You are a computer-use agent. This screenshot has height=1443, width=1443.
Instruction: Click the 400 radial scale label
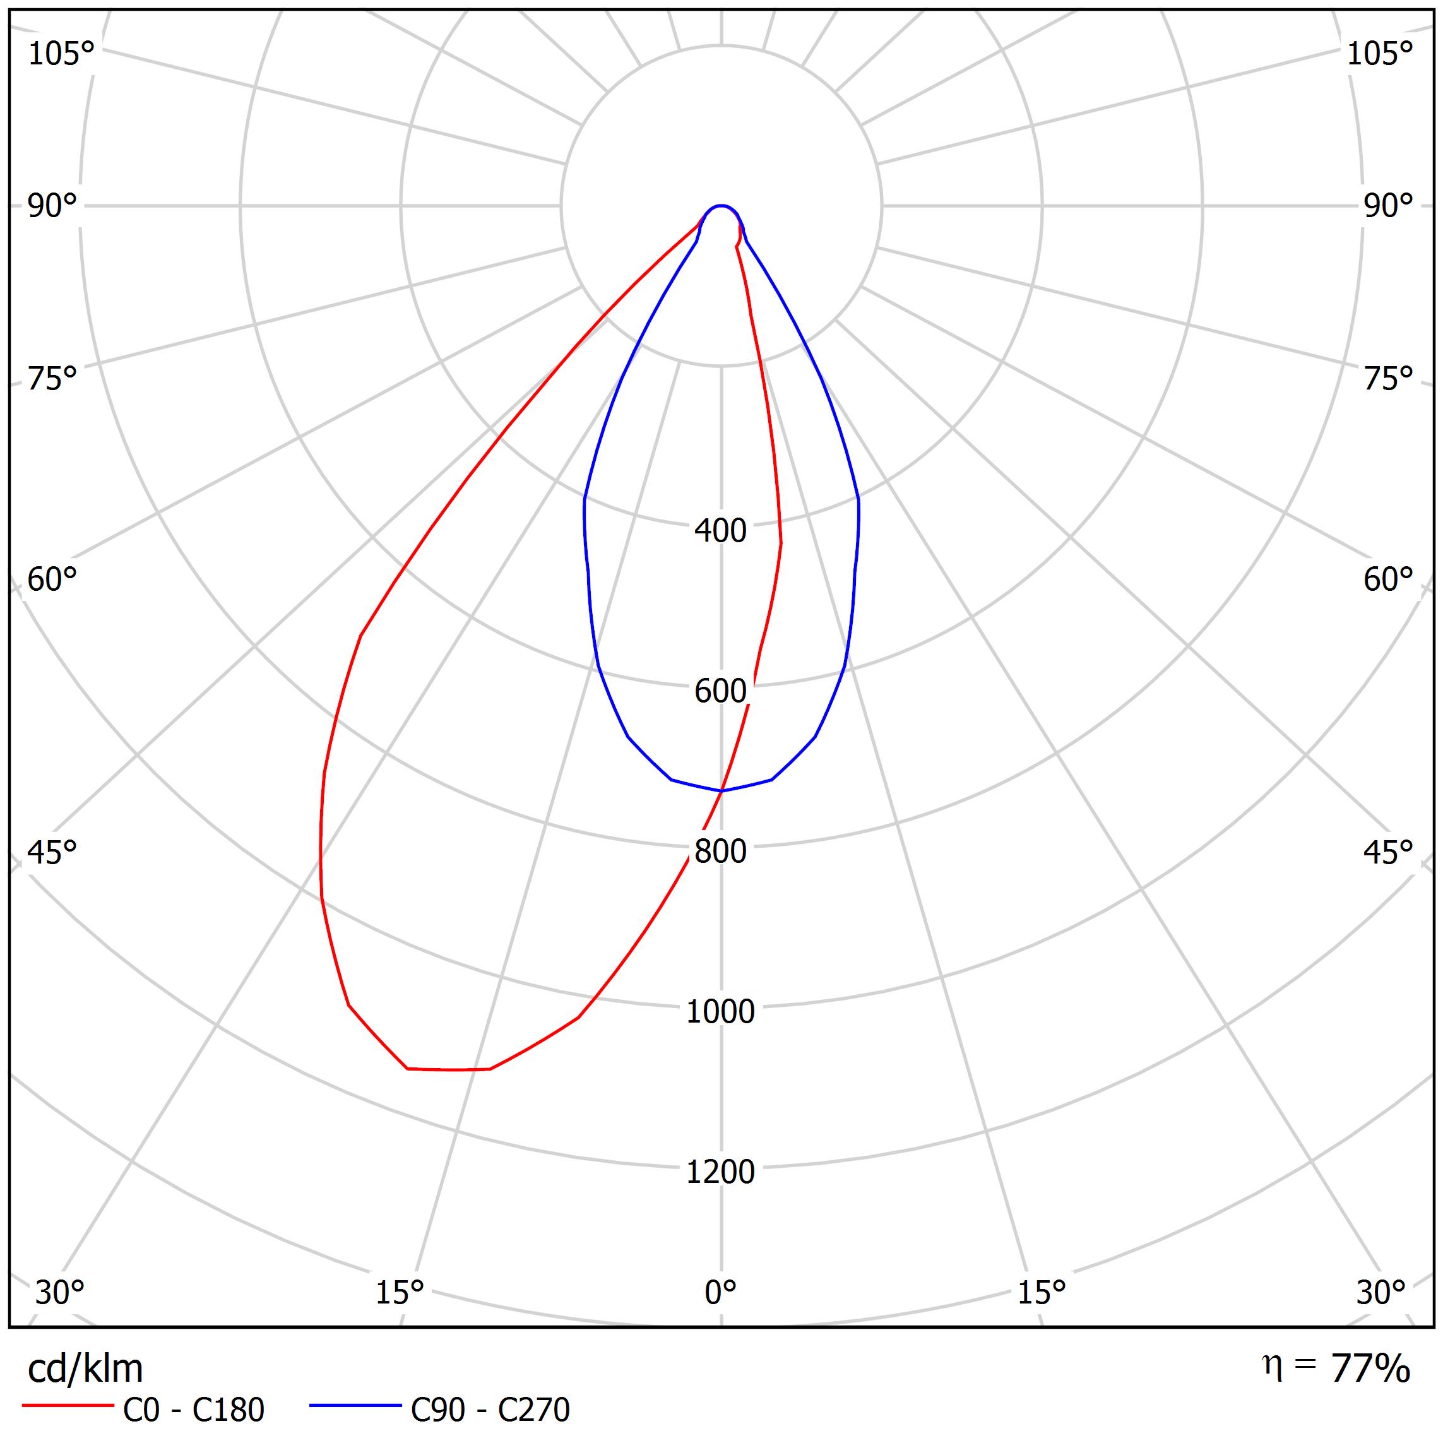pos(720,531)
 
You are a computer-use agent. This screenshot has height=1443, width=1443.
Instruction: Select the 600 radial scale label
pos(720,692)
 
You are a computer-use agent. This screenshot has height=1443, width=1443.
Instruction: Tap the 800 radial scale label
pos(720,852)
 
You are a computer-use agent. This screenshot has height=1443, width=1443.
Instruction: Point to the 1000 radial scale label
pos(720,1012)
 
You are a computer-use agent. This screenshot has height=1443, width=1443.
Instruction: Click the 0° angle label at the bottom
pos(720,1292)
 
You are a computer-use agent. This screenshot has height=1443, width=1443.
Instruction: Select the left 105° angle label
pos(61,54)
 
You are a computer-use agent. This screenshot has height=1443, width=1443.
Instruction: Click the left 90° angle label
pos(52,206)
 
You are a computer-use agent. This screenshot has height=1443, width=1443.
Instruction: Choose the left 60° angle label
pos(52,579)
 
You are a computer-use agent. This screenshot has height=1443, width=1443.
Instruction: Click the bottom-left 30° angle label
pos(60,1292)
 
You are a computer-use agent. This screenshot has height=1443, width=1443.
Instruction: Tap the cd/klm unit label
pos(85,1369)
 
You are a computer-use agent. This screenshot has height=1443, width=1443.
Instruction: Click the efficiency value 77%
pos(1370,1369)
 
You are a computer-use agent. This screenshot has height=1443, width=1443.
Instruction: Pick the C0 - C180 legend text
pos(193,1410)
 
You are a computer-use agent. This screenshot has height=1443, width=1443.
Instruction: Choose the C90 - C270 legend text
pos(490,1410)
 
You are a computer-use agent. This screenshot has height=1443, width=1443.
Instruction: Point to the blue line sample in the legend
pos(355,1406)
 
